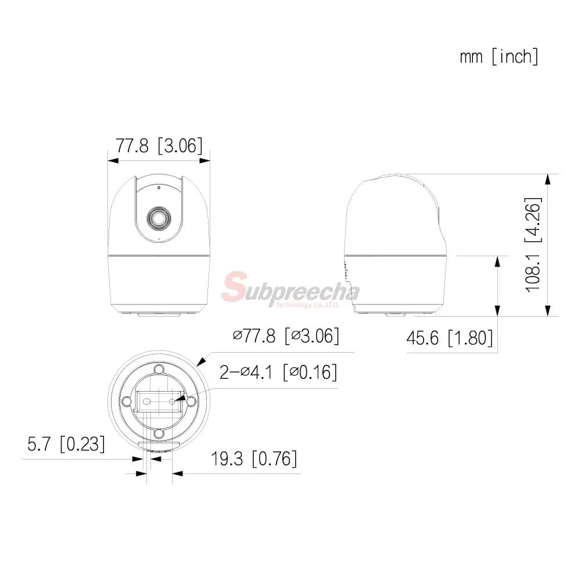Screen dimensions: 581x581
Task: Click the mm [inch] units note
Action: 498,57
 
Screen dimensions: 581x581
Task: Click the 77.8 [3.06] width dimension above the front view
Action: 159,145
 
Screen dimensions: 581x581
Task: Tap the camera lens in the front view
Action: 159,218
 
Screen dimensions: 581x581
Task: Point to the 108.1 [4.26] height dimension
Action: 533,245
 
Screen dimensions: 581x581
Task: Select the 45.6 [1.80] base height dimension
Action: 450,338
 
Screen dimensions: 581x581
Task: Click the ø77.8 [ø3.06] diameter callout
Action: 286,336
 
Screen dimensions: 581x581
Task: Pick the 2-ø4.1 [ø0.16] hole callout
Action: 278,372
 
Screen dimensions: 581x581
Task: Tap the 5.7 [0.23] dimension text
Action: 66,443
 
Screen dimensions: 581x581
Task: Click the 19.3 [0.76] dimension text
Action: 254,459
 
